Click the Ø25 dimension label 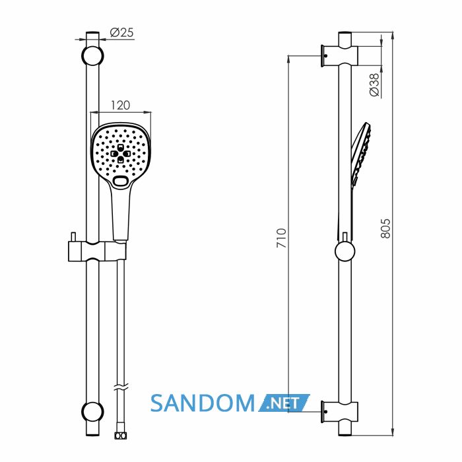coord(121,32)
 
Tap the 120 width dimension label coord(120,106)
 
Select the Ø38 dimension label coord(374,85)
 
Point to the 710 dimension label coord(281,238)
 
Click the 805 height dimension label coord(385,228)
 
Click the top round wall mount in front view coord(92,55)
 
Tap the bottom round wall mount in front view coord(92,412)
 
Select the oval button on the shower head coord(120,181)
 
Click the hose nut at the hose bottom coord(120,436)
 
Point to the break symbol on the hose coord(121,387)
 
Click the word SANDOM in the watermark coord(203,403)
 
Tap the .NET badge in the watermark coord(284,403)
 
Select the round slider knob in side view coord(345,251)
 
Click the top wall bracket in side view coord(339,56)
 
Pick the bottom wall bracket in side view coord(339,412)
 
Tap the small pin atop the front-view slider coord(73,236)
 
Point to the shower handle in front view coord(121,212)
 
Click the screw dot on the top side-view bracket coord(326,55)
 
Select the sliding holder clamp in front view coord(97,251)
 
